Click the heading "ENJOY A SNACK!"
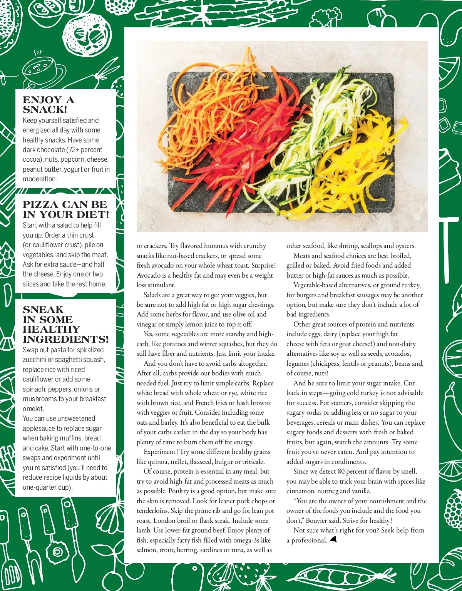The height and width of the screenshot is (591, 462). click(49, 105)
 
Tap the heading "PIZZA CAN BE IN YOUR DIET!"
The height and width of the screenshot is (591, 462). click(66, 209)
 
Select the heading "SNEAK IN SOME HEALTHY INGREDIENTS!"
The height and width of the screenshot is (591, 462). click(65, 324)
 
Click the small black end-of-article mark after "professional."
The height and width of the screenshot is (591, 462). click(333, 540)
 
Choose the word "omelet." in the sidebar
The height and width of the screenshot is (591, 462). click(33, 409)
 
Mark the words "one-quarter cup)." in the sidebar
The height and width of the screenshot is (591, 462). click(48, 487)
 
